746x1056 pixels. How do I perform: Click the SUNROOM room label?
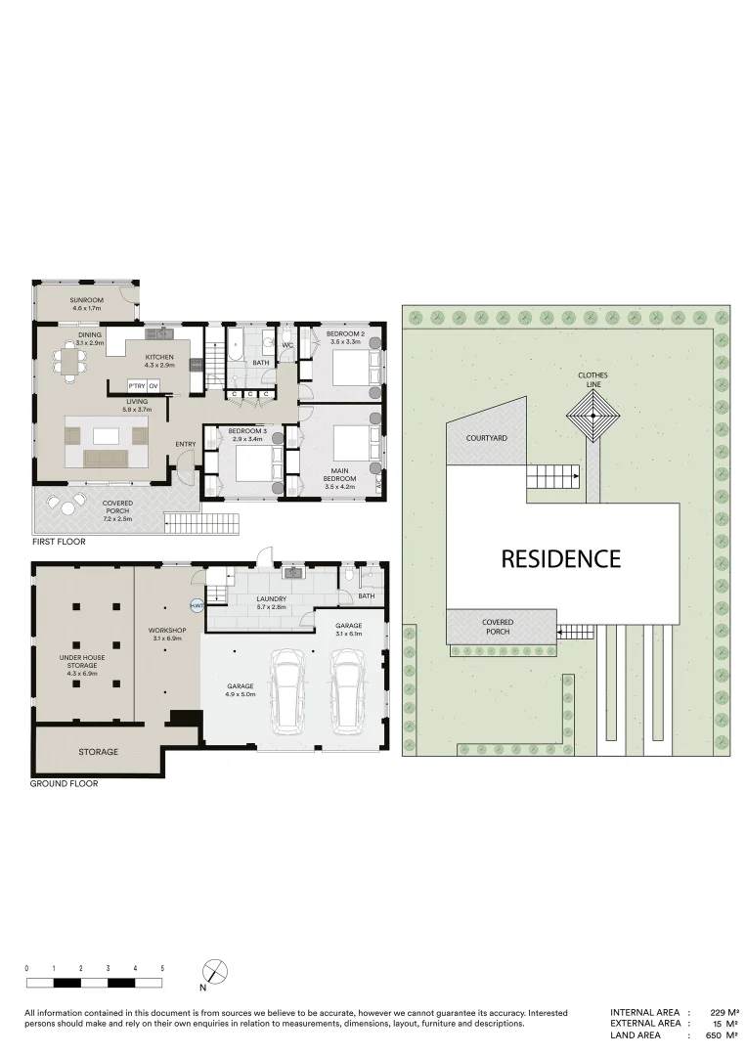[86, 300]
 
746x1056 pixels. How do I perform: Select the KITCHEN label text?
[159, 358]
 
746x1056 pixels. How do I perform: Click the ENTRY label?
[186, 445]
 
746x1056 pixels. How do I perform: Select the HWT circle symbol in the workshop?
[197, 607]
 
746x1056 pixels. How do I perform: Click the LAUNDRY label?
[270, 599]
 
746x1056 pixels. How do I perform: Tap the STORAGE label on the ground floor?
[99, 751]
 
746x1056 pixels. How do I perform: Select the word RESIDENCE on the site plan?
[560, 558]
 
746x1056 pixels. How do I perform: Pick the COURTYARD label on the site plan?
[486, 439]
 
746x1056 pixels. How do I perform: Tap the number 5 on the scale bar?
[162, 968]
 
